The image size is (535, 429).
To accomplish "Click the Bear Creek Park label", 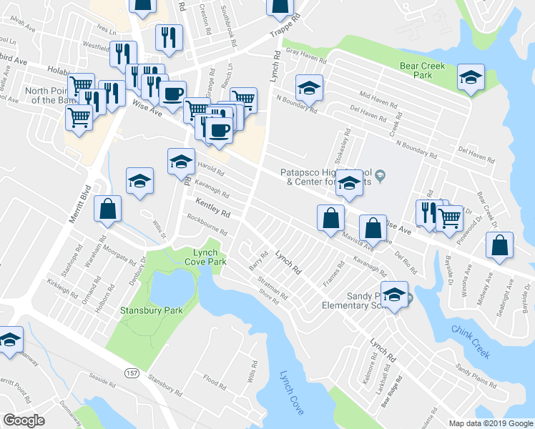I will click(x=423, y=70).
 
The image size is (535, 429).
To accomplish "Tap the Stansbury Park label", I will click(x=152, y=310).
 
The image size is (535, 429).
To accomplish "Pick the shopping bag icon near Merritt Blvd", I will click(x=107, y=209).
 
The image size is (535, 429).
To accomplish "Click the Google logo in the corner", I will click(x=24, y=420).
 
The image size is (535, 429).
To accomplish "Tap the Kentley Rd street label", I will click(x=213, y=209).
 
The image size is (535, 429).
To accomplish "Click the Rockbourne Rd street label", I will click(x=207, y=227).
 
